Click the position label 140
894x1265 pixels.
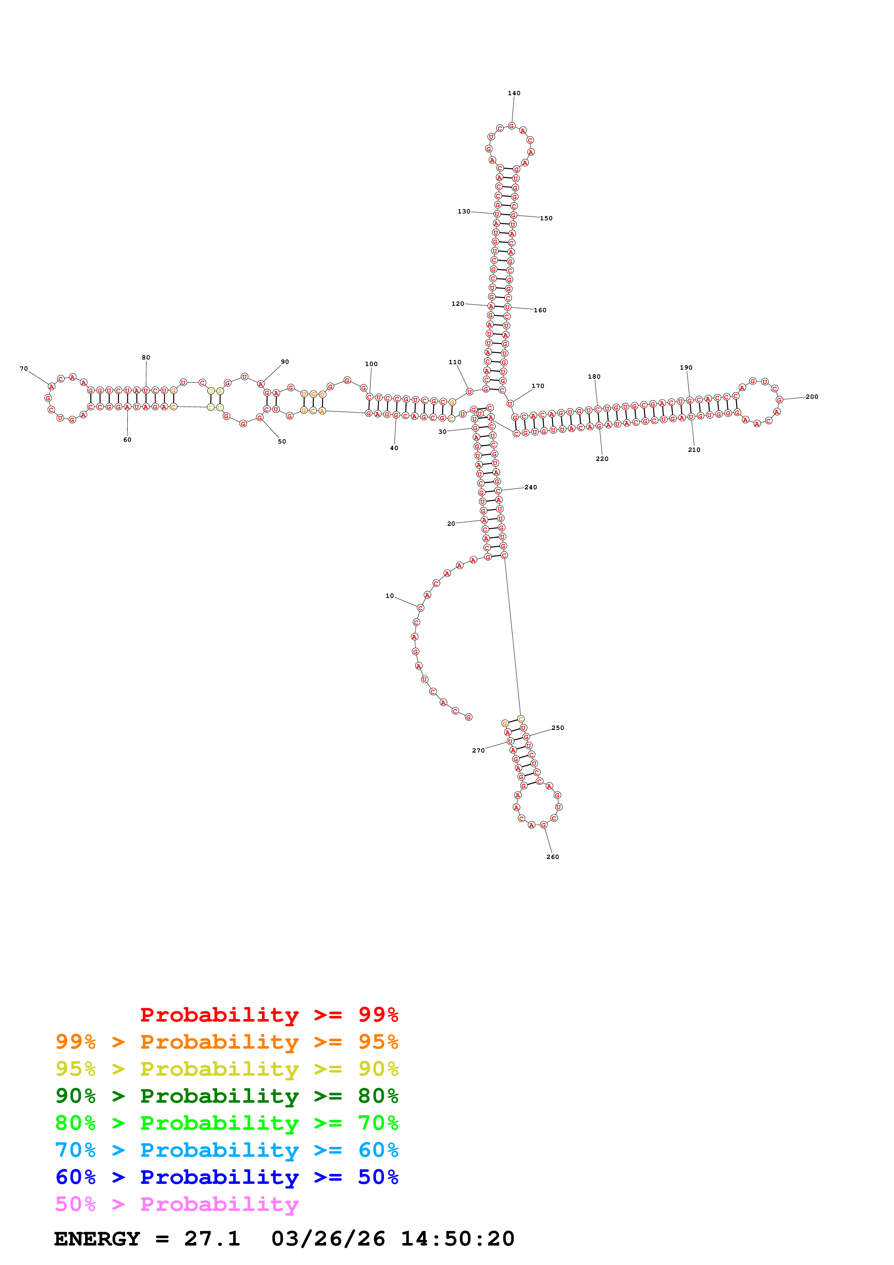click(x=514, y=93)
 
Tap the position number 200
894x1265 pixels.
click(x=812, y=397)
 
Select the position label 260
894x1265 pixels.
click(x=552, y=857)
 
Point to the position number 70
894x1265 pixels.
click(x=24, y=369)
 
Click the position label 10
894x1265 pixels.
click(x=389, y=596)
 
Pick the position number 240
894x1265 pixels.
click(x=530, y=487)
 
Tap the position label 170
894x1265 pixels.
click(x=538, y=386)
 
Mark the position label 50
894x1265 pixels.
click(x=282, y=441)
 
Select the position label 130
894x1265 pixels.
click(x=464, y=211)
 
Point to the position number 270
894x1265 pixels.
click(x=478, y=750)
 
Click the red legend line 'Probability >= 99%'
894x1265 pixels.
click(x=269, y=1015)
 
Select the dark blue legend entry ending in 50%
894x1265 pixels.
click(x=226, y=1177)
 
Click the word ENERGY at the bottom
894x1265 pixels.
click(x=97, y=1239)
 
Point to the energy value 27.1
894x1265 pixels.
click(x=212, y=1239)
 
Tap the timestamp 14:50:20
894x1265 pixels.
click(x=457, y=1239)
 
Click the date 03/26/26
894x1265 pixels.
click(x=328, y=1239)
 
